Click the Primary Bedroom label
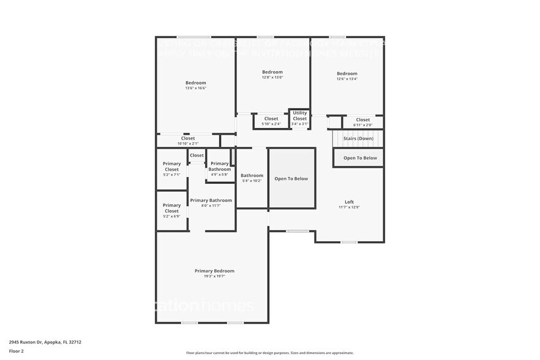tap(214, 271)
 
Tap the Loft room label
tap(349, 202)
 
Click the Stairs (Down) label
tap(358, 138)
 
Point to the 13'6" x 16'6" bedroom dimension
tap(196, 88)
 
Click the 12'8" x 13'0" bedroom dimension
tap(272, 77)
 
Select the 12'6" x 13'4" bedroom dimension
tap(347, 78)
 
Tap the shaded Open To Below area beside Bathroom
tap(291, 179)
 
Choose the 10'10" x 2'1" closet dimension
tap(188, 143)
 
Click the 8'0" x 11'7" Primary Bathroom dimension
tap(211, 206)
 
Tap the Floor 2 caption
tap(16, 351)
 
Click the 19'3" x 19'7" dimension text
tap(214, 276)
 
